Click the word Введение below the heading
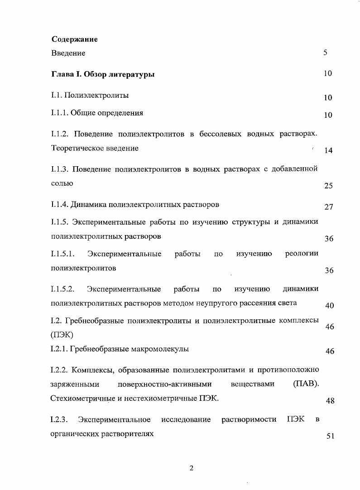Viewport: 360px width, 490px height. pos(68,53)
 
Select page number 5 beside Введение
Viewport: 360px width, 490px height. pos(325,53)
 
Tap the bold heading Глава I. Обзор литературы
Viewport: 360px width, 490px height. pos(103,74)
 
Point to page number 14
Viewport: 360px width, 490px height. pos(329,151)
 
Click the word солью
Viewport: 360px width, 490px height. pos(62,184)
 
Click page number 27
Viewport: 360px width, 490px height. pos(329,207)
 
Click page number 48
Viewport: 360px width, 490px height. pos(330,401)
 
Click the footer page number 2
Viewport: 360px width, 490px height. pos(191,468)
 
